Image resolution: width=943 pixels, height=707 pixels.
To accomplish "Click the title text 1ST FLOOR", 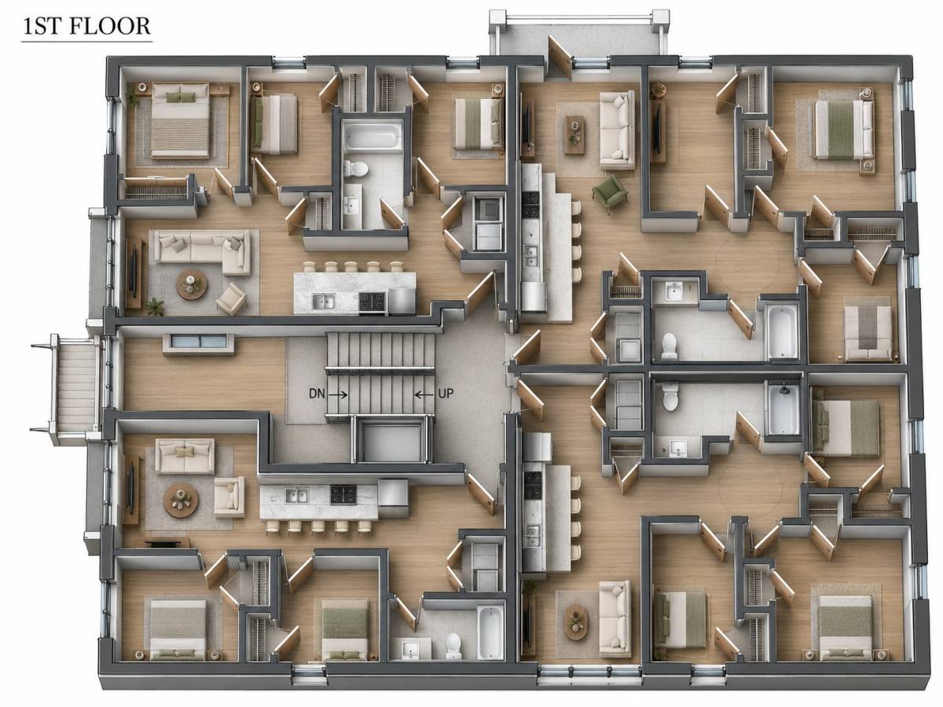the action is (x=86, y=26).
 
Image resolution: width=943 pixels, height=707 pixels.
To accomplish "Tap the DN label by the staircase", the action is (x=317, y=394).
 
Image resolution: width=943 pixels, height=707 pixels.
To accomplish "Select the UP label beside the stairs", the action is (x=446, y=394).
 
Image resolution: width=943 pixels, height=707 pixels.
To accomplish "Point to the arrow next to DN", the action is (x=339, y=394).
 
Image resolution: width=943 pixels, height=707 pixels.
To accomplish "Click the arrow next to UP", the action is (x=424, y=394).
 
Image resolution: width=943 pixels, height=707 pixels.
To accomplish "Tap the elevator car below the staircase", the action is (x=391, y=442).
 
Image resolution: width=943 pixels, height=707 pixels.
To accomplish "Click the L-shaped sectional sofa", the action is (x=202, y=252).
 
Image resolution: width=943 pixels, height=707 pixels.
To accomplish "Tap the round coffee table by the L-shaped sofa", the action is (x=192, y=284).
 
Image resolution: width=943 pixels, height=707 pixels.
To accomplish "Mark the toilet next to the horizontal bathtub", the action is (x=356, y=168).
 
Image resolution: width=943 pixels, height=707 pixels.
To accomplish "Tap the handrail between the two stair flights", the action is (x=380, y=369).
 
